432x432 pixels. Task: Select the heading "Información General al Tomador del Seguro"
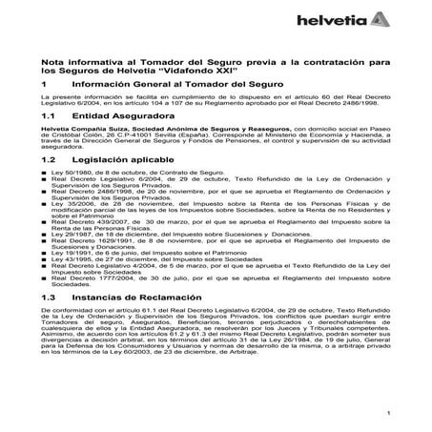tap(172, 87)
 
